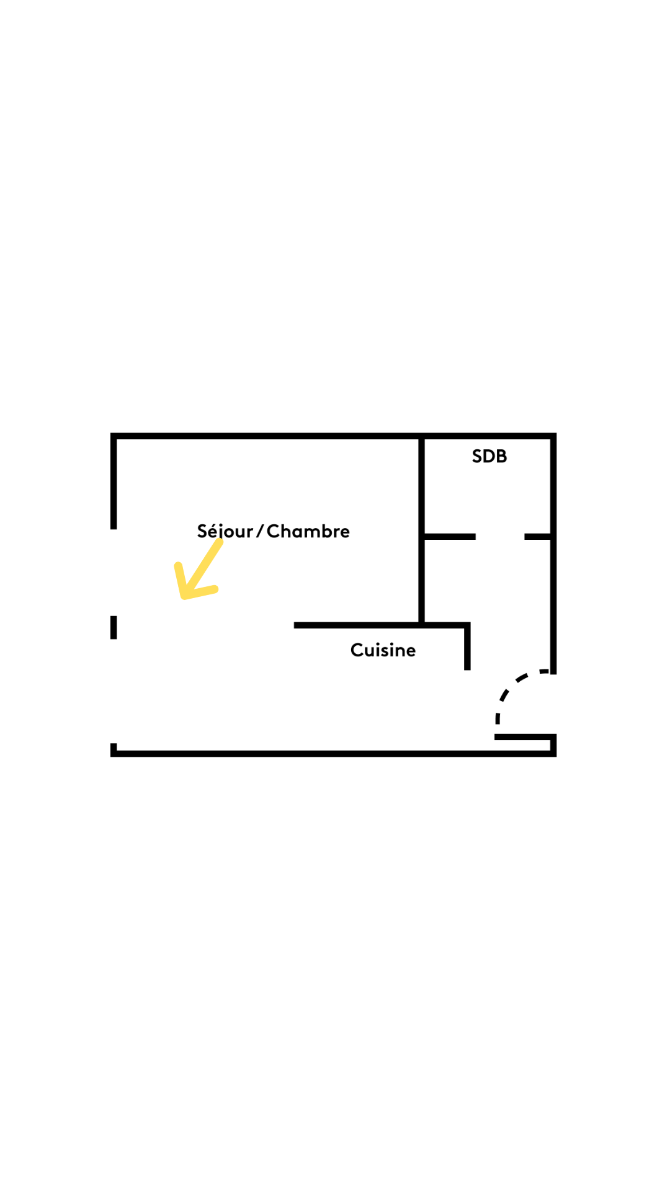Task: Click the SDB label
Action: (x=489, y=457)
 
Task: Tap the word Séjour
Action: (x=225, y=531)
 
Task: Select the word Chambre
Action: (x=308, y=531)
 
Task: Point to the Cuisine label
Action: (x=383, y=650)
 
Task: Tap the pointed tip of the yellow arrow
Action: (x=182, y=597)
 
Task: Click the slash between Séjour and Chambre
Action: (x=261, y=531)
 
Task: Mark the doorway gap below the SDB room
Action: (x=500, y=537)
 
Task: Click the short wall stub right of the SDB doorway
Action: (x=538, y=537)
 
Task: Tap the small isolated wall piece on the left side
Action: (x=114, y=627)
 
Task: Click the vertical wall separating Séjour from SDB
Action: (x=421, y=530)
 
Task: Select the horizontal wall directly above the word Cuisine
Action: (x=382, y=625)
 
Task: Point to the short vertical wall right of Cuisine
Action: (x=467, y=648)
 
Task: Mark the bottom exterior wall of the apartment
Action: (x=333, y=754)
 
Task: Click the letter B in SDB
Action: (x=501, y=457)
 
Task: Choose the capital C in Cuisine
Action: (x=357, y=650)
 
